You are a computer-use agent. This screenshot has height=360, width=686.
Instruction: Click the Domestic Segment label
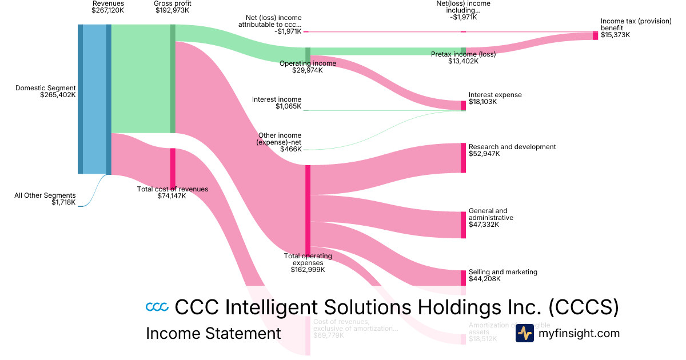[x=45, y=88]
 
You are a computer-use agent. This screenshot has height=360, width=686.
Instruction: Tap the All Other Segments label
[x=45, y=195]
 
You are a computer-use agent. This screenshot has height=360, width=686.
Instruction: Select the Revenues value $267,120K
[x=108, y=10]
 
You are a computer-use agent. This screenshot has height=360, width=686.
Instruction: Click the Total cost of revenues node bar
[x=173, y=167]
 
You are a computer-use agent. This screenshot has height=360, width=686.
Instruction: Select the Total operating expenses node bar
[x=308, y=209]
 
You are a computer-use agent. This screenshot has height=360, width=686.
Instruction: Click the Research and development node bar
[x=463, y=158]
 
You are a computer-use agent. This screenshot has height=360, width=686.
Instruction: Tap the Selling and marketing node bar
[x=463, y=278]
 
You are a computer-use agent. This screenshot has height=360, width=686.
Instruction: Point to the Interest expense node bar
[x=463, y=105]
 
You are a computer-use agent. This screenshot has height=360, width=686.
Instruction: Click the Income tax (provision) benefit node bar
[x=595, y=35]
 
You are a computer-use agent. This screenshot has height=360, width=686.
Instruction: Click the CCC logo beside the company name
[x=157, y=307]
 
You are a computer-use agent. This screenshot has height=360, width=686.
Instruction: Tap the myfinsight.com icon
[x=524, y=333]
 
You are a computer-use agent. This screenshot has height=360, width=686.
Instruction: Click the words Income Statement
[x=213, y=333]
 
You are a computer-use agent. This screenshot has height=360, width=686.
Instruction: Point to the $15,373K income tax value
[x=615, y=35]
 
